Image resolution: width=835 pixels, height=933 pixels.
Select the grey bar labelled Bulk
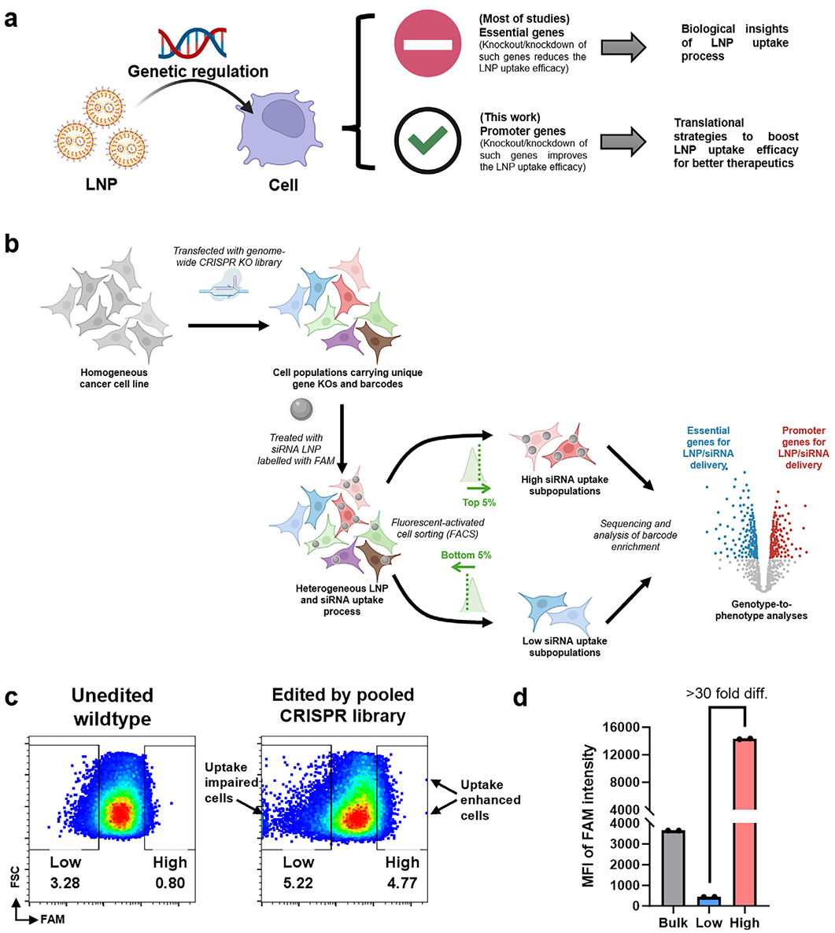674,868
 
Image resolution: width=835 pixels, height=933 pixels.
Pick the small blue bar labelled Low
710,901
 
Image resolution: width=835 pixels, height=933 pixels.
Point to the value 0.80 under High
168,882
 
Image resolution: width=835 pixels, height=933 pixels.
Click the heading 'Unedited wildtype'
113,706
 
